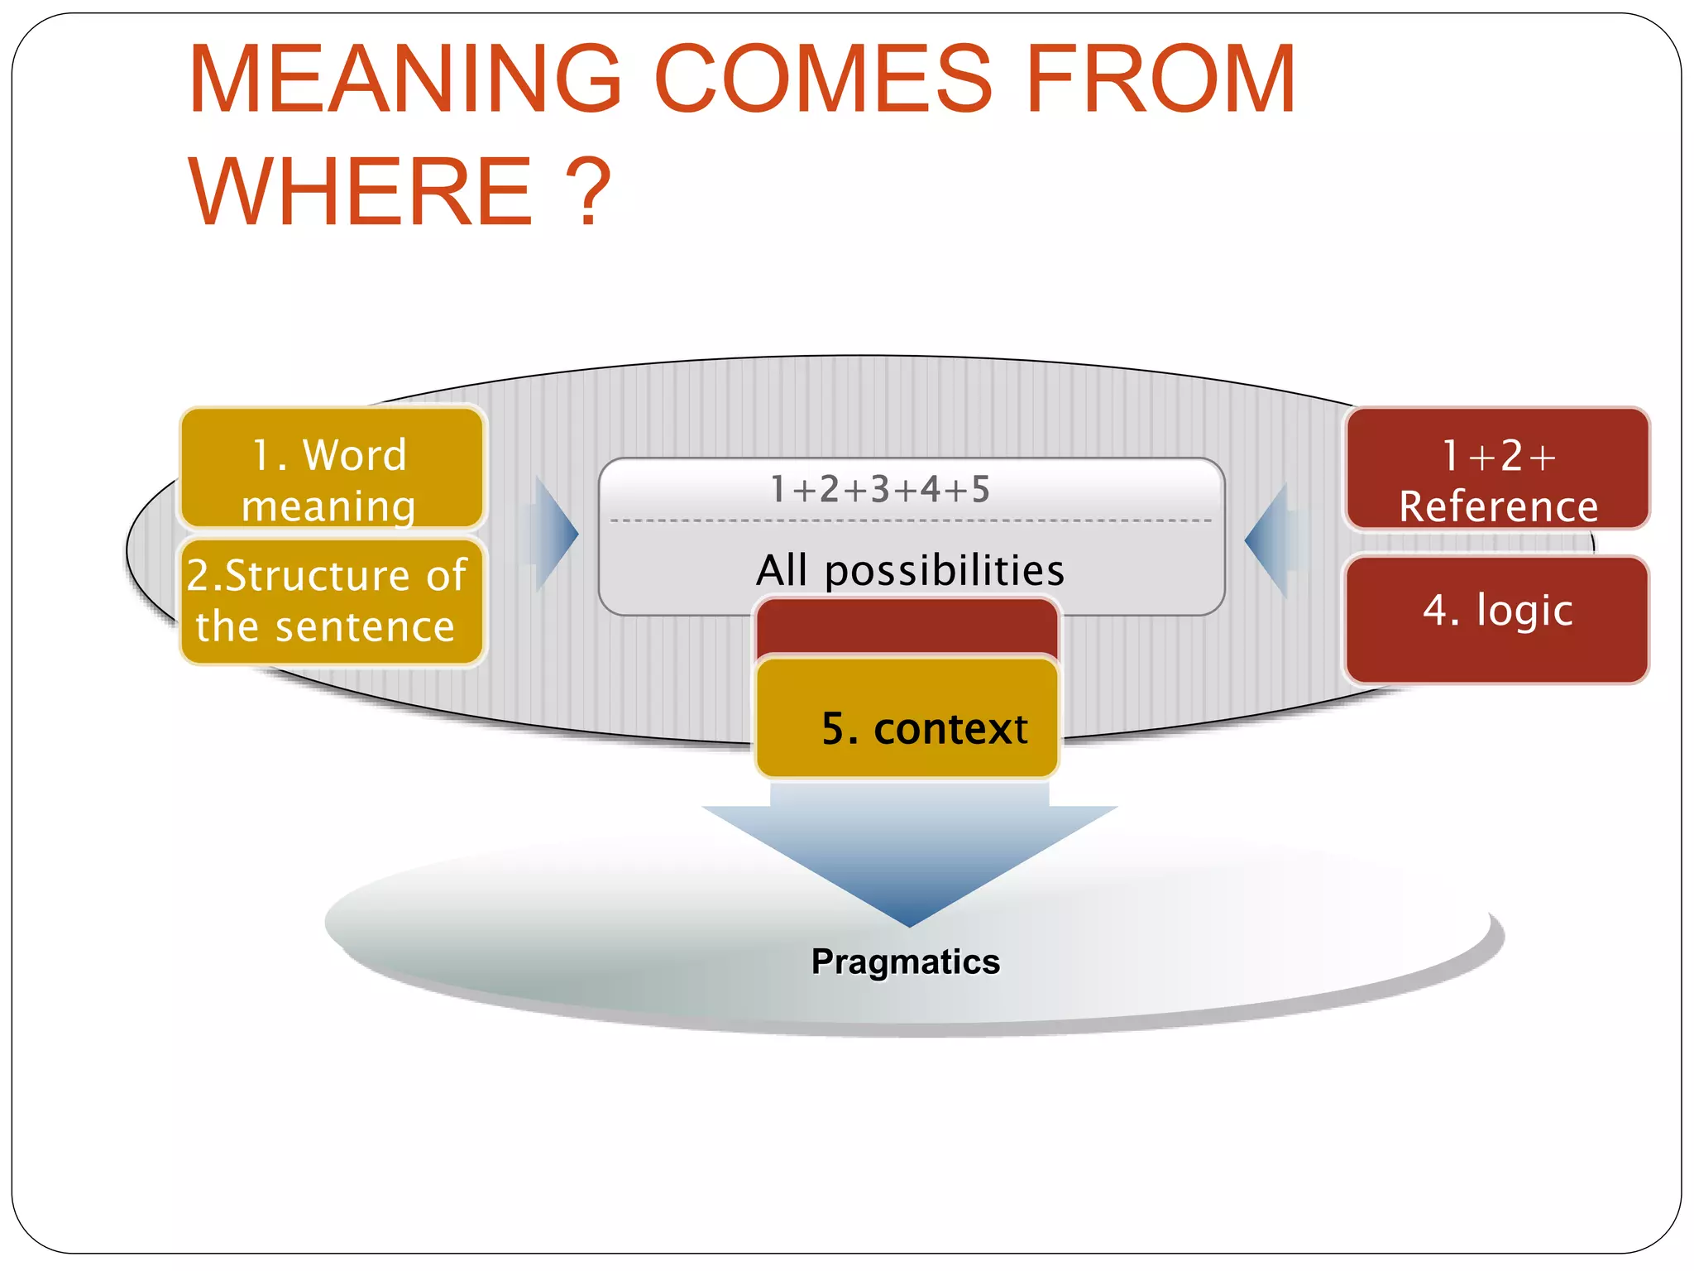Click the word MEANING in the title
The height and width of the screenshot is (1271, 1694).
click(x=405, y=80)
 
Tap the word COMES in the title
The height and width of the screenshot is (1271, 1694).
click(x=823, y=80)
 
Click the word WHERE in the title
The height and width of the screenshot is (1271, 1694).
click(x=361, y=192)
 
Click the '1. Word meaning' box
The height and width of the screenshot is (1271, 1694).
click(x=331, y=468)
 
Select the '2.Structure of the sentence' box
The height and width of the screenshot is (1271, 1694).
click(x=331, y=602)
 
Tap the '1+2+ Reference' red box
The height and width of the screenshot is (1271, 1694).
click(x=1497, y=468)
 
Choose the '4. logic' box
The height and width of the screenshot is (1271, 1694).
click(x=1497, y=619)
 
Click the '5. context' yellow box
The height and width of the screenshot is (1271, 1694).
click(x=907, y=718)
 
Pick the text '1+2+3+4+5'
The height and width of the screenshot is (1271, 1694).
click(x=879, y=490)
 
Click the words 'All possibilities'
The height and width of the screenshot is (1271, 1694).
click(x=910, y=570)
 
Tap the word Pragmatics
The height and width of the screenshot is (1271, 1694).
click(x=906, y=962)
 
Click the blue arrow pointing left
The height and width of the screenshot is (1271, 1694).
click(x=1269, y=540)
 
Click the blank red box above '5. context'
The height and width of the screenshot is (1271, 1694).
click(x=907, y=626)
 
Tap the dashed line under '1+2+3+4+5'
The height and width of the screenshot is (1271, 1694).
click(x=910, y=521)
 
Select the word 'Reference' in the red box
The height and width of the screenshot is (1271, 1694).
click(x=1498, y=506)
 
